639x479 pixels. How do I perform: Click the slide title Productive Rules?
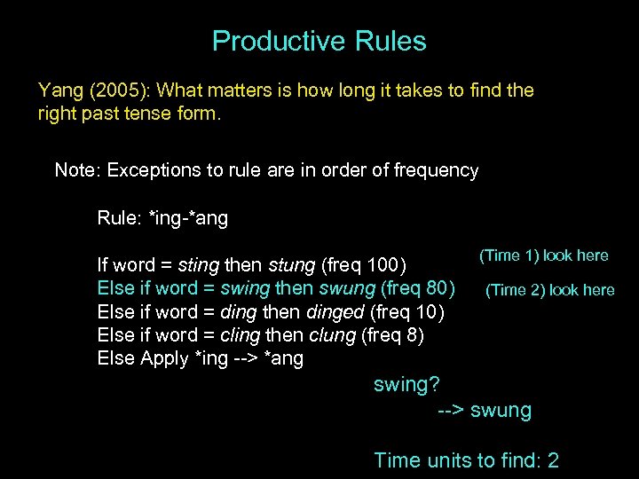click(x=319, y=41)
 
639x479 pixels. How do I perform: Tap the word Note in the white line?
click(x=75, y=170)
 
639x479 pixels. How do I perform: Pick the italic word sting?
click(x=199, y=265)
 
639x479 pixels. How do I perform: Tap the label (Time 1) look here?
click(x=543, y=255)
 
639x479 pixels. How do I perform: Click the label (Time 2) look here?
click(x=549, y=290)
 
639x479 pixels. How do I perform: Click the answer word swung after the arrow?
click(x=501, y=411)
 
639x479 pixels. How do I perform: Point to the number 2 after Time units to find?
click(x=553, y=460)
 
